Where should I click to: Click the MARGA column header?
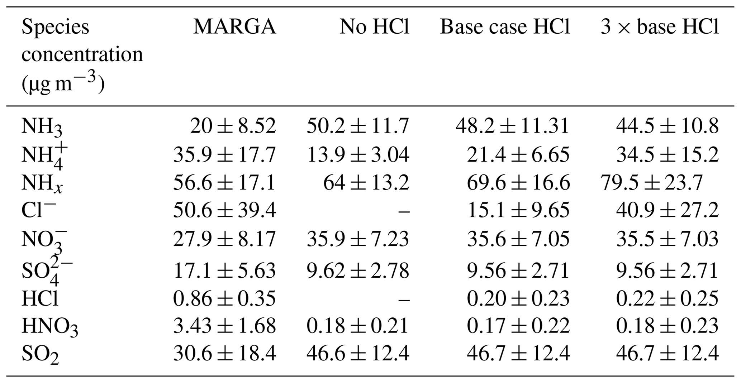235,27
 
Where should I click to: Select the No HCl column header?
374,27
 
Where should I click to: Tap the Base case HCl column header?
505,27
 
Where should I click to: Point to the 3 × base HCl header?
660,27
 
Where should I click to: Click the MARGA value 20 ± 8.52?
233,126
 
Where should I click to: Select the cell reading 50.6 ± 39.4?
225,211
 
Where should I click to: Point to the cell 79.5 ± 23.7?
651,183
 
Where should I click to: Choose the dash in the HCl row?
404,298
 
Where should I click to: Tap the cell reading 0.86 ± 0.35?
225,298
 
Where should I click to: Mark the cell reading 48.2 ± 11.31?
513,126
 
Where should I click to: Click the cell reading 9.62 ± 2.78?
358,271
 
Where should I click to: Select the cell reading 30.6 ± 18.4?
225,354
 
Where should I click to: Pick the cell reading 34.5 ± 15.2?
668,155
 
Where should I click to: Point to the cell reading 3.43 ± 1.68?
225,326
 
